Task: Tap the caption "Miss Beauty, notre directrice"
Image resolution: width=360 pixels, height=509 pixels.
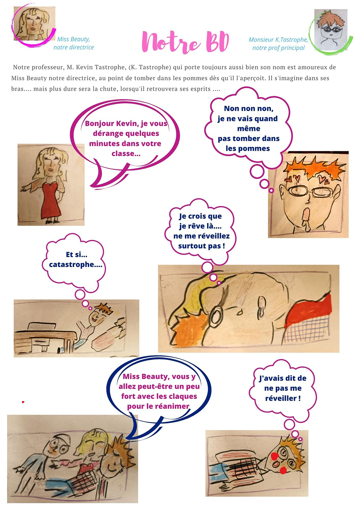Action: pyautogui.click(x=73, y=43)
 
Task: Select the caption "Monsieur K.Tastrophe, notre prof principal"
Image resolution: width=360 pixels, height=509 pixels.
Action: pyautogui.click(x=278, y=44)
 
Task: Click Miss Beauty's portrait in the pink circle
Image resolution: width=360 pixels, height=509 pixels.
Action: pyautogui.click(x=34, y=23)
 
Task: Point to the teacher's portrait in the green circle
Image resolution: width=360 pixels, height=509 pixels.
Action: pyautogui.click(x=331, y=30)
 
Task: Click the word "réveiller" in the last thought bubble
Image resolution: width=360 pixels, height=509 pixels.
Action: pyautogui.click(x=281, y=398)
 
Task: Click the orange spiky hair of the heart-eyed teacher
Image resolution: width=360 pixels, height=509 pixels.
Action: pyautogui.click(x=316, y=168)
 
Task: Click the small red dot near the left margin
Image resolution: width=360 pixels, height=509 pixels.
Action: pyautogui.click(x=23, y=402)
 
